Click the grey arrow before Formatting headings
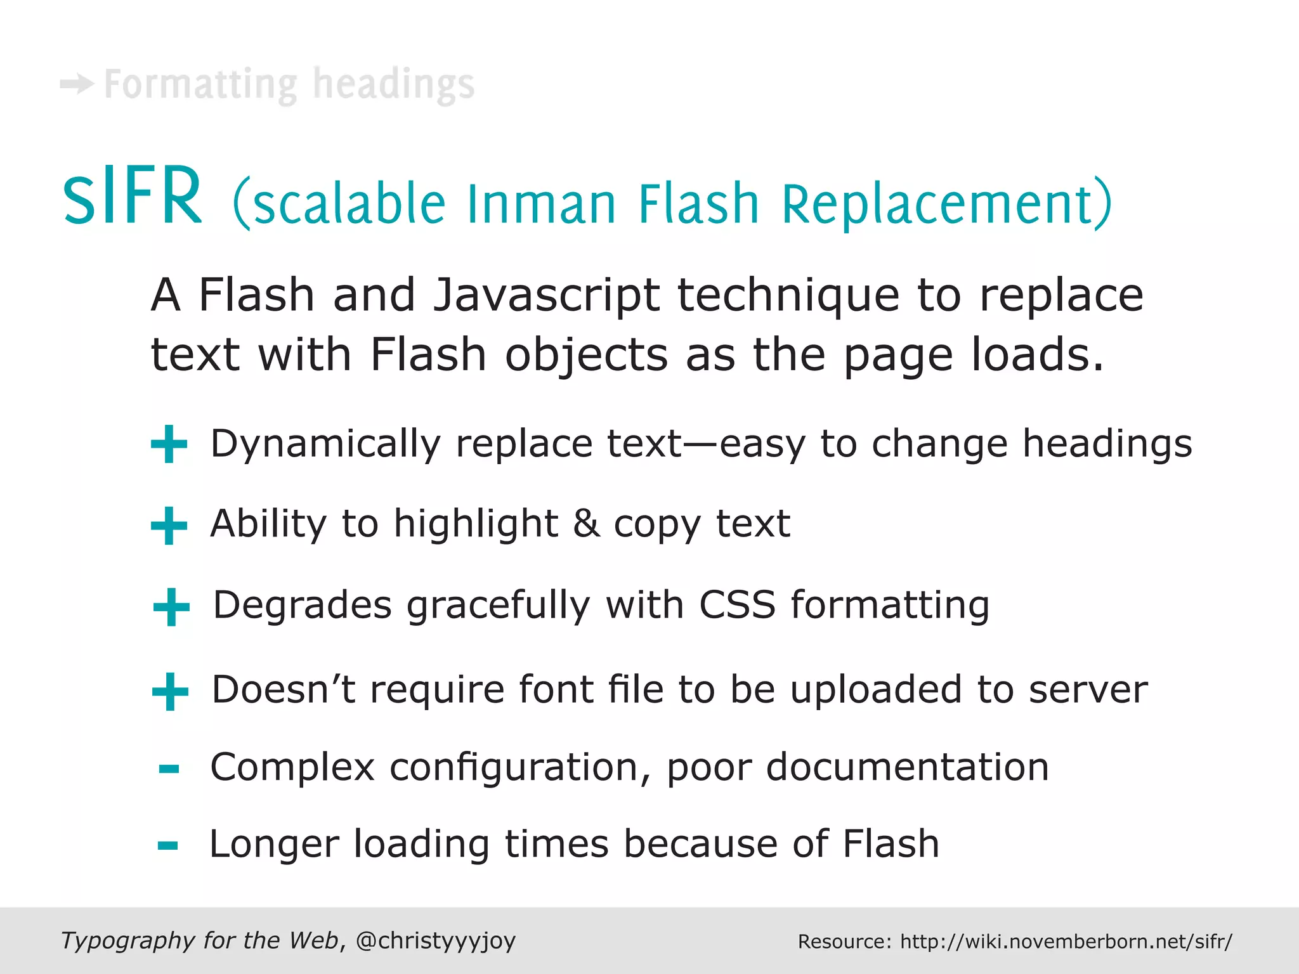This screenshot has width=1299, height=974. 77,84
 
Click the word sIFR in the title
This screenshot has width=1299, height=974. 133,197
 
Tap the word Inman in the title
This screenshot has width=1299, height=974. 541,204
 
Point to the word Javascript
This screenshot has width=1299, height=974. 546,297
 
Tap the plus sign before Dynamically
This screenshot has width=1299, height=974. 169,445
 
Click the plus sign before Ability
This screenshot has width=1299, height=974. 169,526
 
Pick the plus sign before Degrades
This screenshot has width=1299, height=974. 171,607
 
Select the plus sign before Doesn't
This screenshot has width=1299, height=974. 170,691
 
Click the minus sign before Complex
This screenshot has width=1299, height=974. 169,770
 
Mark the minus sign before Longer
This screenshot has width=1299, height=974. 168,845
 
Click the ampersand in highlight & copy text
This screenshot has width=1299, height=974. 586,524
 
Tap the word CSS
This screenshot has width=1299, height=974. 737,604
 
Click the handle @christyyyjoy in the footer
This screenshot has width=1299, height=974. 436,941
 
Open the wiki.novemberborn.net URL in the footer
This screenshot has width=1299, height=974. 1066,942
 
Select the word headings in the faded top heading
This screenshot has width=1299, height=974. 394,85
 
